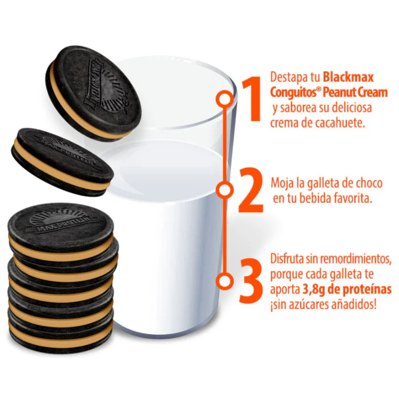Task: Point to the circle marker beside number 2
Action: coord(224,190)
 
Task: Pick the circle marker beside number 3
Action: coord(224,281)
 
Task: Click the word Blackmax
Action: coord(348,77)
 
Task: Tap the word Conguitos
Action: coord(292,93)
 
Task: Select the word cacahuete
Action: coord(340,123)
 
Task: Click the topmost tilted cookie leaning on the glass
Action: coord(93,93)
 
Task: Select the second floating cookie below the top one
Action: coord(62,162)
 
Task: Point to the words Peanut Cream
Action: coord(355,93)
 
